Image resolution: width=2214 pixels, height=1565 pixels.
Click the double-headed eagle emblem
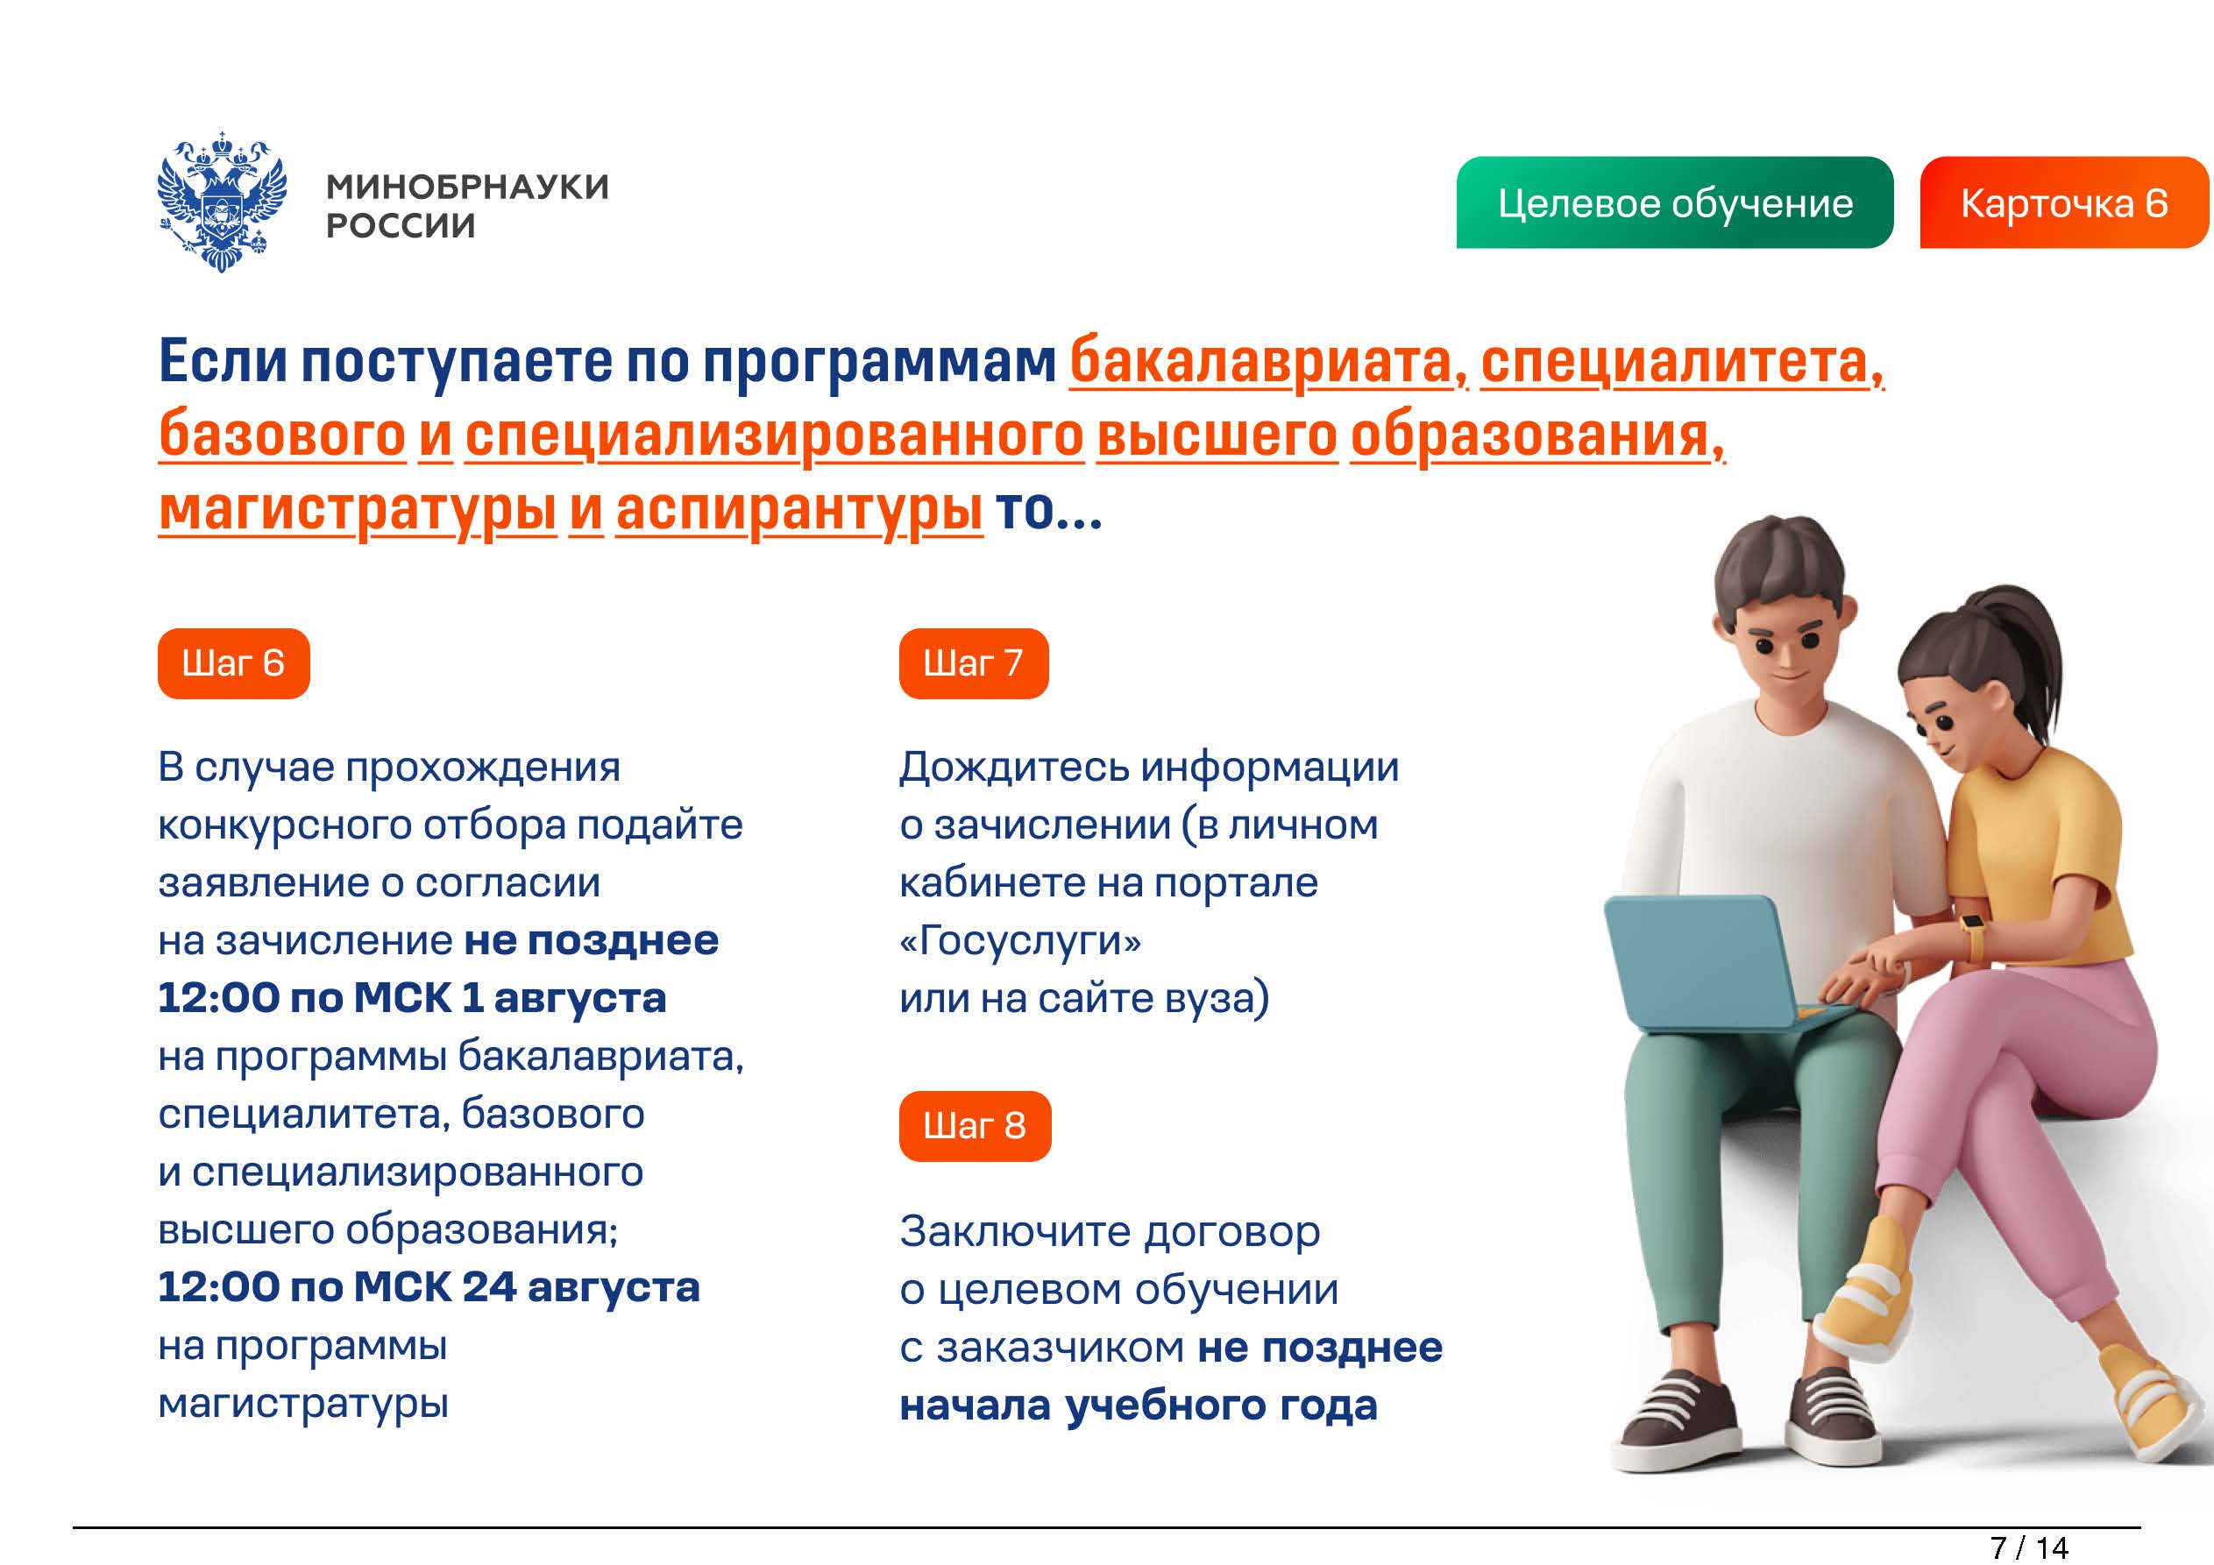coord(222,202)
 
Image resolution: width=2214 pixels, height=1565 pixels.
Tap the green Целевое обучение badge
coord(1674,202)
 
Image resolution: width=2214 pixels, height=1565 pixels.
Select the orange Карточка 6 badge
coord(2064,202)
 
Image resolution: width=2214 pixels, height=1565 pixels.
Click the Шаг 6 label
coord(233,663)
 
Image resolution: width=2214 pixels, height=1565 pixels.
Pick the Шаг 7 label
coord(973,663)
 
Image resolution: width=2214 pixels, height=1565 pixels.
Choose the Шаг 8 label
coord(975,1126)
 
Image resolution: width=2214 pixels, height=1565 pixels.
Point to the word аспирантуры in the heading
coord(799,511)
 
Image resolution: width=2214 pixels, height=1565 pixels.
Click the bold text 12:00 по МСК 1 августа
coord(412,998)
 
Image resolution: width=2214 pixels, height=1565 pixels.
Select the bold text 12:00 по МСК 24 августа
coord(429,1287)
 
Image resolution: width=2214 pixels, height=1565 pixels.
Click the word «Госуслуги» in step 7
coord(1020,941)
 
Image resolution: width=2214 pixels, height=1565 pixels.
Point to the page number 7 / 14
coord(2029,1547)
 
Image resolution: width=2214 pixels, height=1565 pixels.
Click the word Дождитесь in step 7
coord(1014,768)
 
